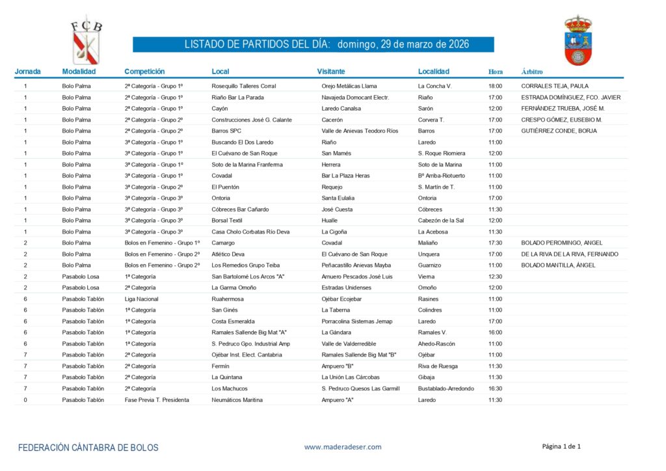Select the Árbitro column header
click(x=532, y=72)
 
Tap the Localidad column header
click(x=434, y=72)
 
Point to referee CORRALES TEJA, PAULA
click(x=554, y=86)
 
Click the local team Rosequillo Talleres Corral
click(x=244, y=86)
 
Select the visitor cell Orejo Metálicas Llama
click(x=349, y=86)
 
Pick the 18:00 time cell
click(x=495, y=86)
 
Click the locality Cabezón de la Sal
click(x=441, y=221)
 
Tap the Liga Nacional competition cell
click(x=142, y=299)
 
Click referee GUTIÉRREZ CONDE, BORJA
click(x=559, y=131)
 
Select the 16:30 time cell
click(x=495, y=389)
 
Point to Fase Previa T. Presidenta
click(x=157, y=400)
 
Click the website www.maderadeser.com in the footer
click(x=342, y=446)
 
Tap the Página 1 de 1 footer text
click(x=561, y=446)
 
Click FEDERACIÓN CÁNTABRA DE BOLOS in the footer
click(x=88, y=448)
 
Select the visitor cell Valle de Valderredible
click(x=349, y=344)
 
